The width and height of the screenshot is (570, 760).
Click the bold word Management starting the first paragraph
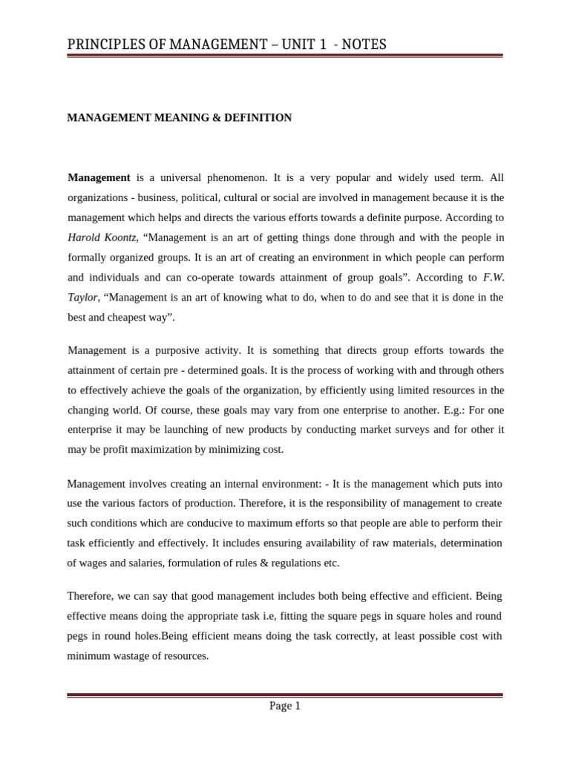(99, 178)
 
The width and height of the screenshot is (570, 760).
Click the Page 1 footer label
(284, 707)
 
